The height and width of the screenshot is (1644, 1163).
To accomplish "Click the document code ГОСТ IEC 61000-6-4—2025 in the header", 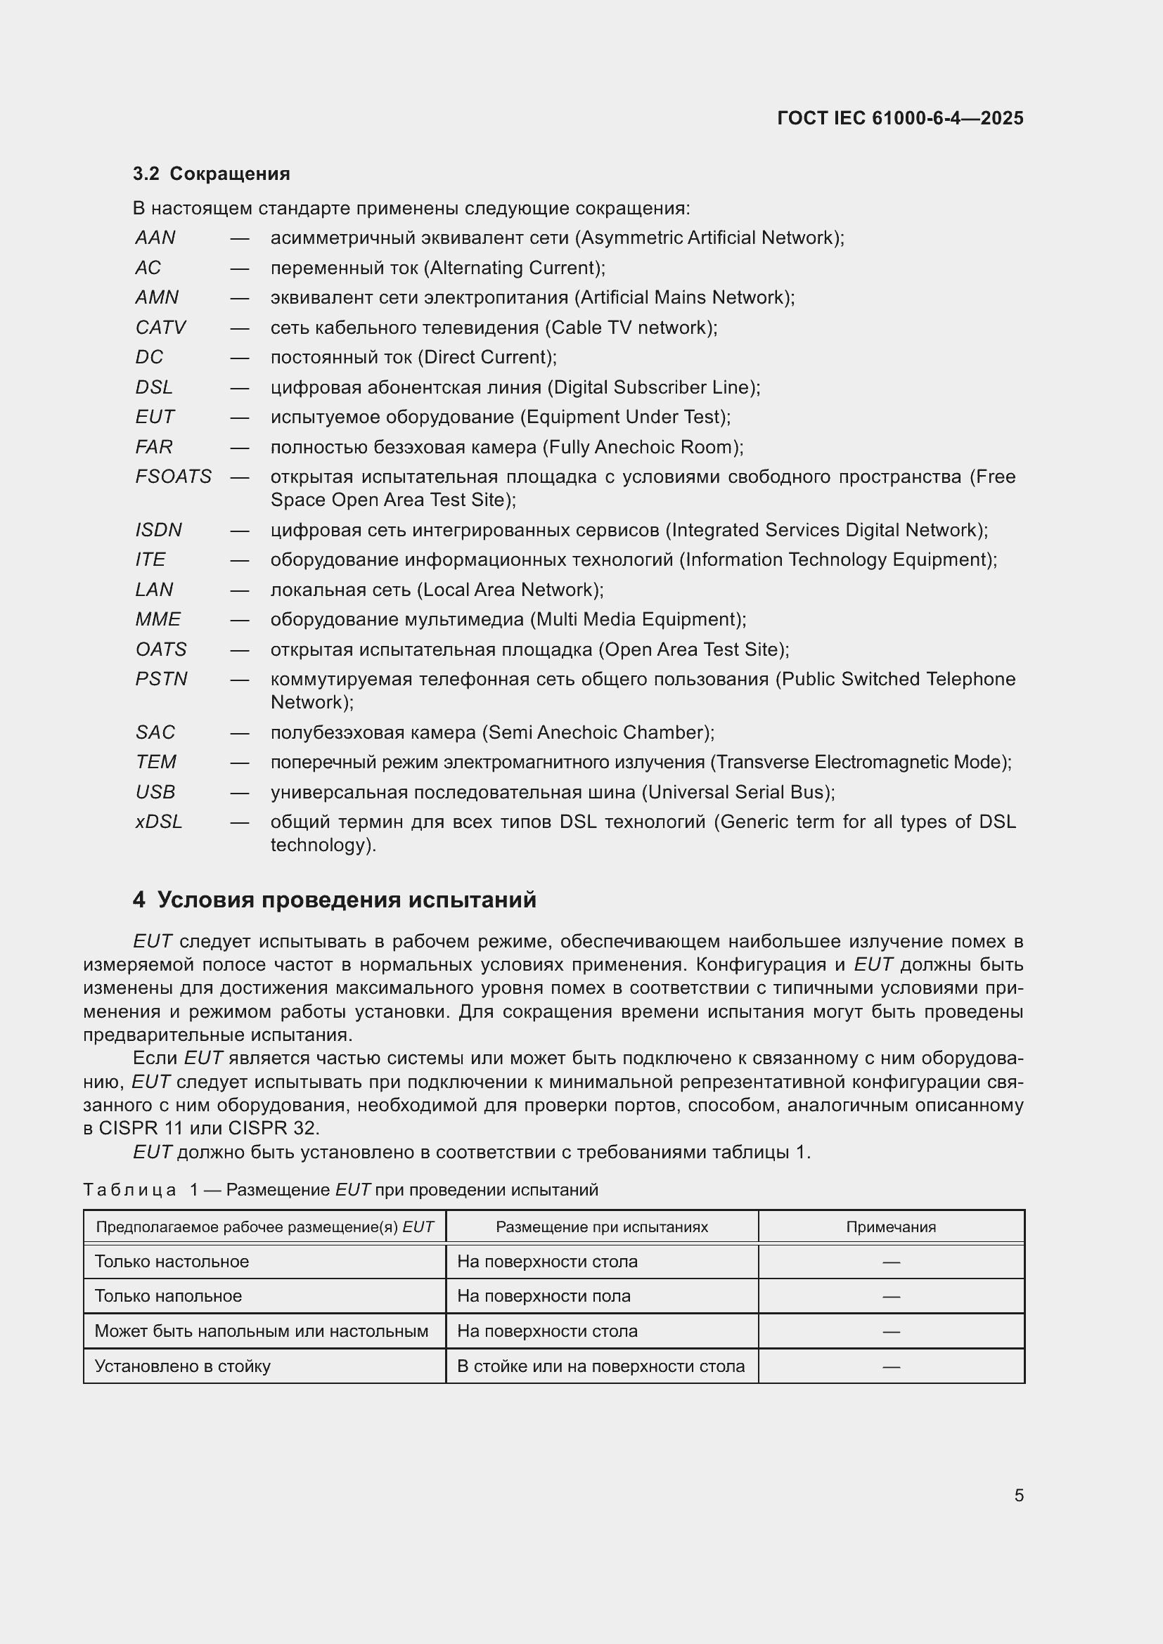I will click(899, 118).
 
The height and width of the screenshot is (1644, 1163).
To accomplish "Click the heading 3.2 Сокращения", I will click(211, 174).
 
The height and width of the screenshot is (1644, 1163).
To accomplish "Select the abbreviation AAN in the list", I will click(155, 238).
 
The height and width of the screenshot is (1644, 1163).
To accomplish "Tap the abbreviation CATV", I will click(160, 328).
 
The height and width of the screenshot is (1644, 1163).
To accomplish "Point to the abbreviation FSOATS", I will click(173, 477).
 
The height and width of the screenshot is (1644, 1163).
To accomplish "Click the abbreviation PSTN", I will click(161, 679).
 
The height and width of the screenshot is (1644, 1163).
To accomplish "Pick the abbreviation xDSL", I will click(159, 822).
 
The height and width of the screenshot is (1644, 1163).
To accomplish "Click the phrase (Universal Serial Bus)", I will click(737, 792).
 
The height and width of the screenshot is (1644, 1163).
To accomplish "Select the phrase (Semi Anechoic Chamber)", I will click(596, 732).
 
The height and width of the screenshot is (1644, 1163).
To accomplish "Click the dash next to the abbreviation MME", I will click(239, 620).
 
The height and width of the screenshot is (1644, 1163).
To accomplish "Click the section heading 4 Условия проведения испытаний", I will click(335, 900).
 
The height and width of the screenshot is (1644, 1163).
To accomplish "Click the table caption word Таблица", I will click(129, 1190).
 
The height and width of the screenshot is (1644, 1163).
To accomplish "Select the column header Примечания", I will click(890, 1227).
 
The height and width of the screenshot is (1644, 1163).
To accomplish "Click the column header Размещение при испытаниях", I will click(602, 1227).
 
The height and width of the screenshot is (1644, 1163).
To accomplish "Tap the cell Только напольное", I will click(168, 1296).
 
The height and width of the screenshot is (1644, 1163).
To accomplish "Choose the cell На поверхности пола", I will click(544, 1296).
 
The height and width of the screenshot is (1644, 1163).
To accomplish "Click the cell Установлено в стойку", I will click(183, 1366).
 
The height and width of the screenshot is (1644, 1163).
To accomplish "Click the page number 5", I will click(1018, 1496).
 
